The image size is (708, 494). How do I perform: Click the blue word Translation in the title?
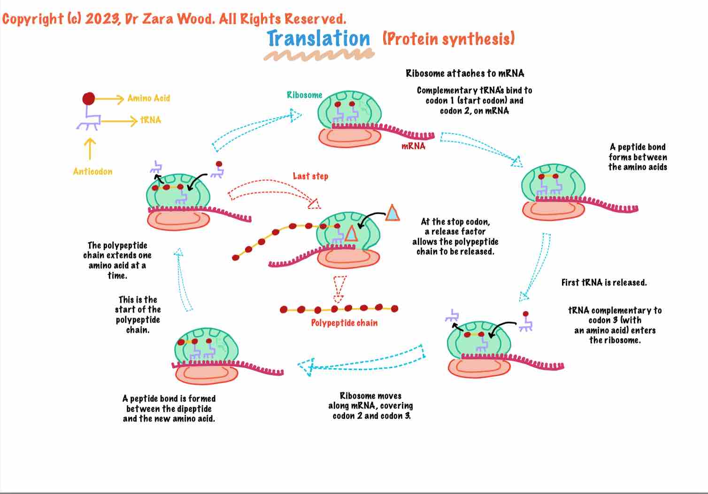318,39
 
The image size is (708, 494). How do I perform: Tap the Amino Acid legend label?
148,98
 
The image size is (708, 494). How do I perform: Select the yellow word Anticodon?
92,171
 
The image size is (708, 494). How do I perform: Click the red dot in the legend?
88,99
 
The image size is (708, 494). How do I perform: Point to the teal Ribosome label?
304,95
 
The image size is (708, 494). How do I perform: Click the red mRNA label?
413,146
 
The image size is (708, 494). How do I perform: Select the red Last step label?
310,176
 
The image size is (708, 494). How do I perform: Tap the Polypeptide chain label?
344,323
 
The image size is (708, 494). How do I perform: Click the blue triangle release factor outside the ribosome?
392,213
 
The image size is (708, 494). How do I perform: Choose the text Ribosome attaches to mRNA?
465,73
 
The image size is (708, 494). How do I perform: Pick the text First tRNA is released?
604,282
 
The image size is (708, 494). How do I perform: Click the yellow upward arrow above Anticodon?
90,148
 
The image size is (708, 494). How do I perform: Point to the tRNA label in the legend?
150,120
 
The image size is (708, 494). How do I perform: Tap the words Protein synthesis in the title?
448,39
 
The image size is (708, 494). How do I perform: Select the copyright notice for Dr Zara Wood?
174,19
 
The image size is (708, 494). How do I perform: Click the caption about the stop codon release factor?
455,237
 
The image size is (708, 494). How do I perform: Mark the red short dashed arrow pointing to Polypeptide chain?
339,289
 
